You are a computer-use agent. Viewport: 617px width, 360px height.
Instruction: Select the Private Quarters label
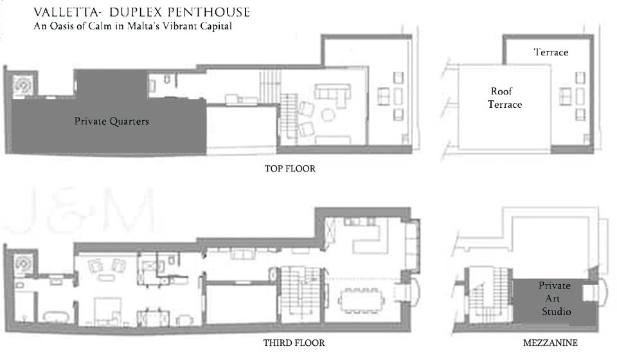112,122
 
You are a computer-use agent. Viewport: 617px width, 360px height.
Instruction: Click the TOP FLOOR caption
290,169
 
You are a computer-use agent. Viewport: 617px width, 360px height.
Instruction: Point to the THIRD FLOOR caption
294,343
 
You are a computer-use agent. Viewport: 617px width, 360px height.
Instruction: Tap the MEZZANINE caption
550,343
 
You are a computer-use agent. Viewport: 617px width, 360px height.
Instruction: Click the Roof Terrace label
505,98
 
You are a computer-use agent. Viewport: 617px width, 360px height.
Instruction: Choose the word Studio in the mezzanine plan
557,312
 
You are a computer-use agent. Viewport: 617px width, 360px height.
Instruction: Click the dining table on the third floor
360,301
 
